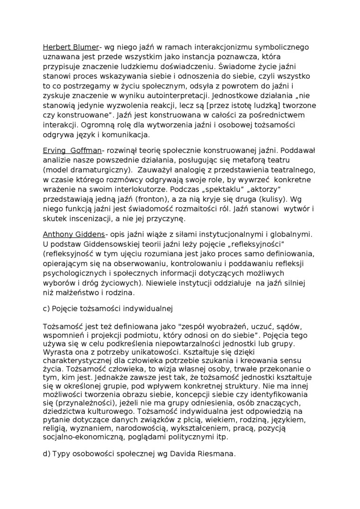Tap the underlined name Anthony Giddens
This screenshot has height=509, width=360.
click(74, 234)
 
